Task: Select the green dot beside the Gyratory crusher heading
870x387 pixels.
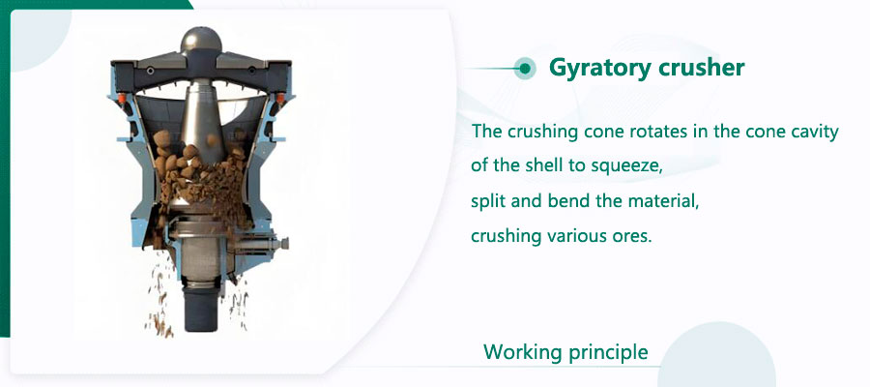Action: tap(525, 68)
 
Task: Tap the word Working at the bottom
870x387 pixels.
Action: tap(522, 352)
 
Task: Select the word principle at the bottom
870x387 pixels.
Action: tap(608, 352)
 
